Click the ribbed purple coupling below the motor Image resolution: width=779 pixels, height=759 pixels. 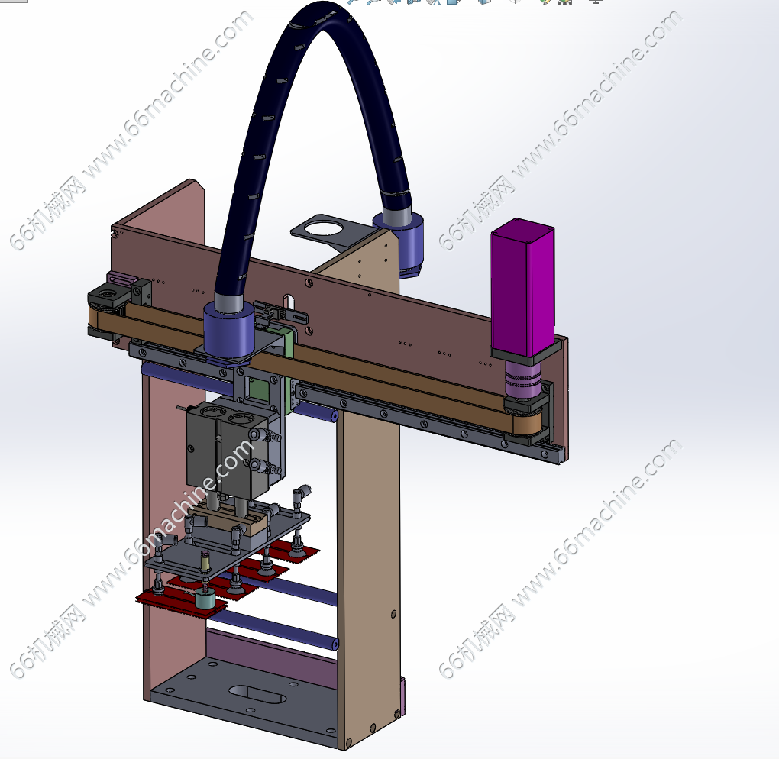click(522, 380)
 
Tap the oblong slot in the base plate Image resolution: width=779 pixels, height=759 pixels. click(257, 694)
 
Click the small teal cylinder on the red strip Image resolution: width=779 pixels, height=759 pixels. click(205, 598)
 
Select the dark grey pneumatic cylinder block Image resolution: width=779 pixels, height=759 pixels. click(234, 451)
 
